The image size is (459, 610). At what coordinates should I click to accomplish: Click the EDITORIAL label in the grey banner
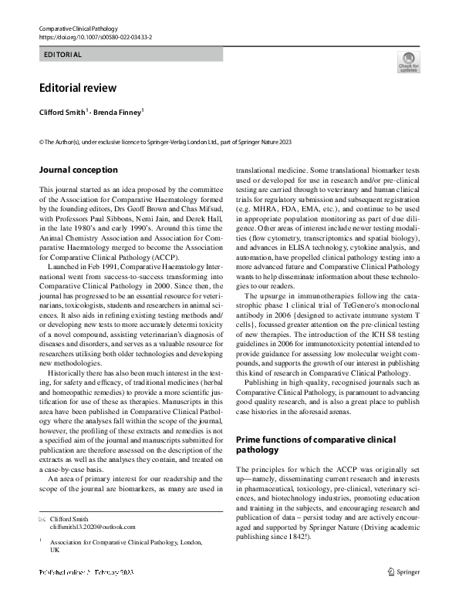pyautogui.click(x=63, y=55)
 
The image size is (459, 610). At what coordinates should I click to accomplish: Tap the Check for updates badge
pyautogui.click(x=408, y=62)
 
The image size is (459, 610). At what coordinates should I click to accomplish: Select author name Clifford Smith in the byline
pyautogui.click(x=62, y=112)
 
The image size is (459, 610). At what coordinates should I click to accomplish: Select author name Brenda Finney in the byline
pyautogui.click(x=117, y=112)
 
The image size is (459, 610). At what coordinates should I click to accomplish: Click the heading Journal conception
pyautogui.click(x=78, y=170)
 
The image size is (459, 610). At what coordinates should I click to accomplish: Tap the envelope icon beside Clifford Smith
pyautogui.click(x=42, y=519)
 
